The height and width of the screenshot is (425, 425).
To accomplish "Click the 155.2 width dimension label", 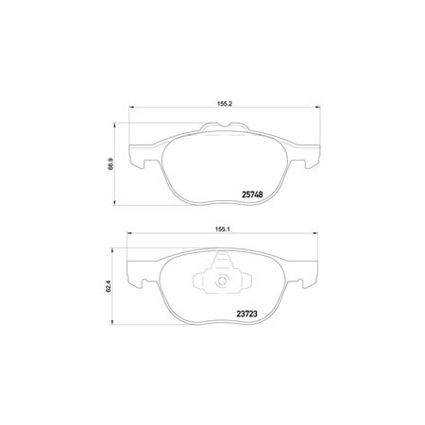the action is click(x=224, y=104).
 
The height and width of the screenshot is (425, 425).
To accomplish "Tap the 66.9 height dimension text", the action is click(x=110, y=164).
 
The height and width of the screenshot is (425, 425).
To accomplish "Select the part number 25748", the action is click(x=252, y=195).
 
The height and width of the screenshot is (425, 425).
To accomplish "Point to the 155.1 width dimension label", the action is click(x=223, y=229).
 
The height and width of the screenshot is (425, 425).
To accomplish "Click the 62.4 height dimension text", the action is click(x=109, y=286).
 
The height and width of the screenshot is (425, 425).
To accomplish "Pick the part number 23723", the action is click(x=247, y=314).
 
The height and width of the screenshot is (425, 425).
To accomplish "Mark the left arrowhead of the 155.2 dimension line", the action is click(x=132, y=108).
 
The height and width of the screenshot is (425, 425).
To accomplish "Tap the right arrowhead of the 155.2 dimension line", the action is click(x=317, y=108).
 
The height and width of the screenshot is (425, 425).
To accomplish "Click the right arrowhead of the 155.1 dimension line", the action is click(x=315, y=233).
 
